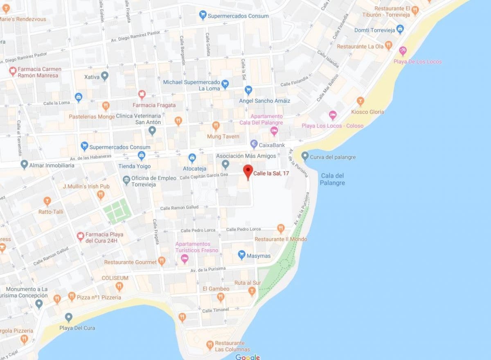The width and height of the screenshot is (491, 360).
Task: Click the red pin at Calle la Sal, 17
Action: click(x=248, y=171)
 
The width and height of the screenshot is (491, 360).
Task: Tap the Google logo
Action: click(x=248, y=357)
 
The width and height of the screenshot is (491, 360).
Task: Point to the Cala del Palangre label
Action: click(x=332, y=179)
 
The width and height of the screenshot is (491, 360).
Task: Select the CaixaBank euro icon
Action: click(x=254, y=144)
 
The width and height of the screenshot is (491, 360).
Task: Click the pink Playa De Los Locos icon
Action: click(x=403, y=51)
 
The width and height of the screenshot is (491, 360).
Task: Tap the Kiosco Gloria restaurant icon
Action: click(x=360, y=100)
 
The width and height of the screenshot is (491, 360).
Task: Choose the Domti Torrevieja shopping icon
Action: click(x=400, y=29)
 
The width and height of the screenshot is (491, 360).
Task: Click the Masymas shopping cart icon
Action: click(x=241, y=255)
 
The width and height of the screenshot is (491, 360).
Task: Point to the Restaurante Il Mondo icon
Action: click(x=280, y=228)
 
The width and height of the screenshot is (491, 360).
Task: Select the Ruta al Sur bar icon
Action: click(x=252, y=291)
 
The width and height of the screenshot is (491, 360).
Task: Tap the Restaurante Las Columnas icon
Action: click(x=210, y=345)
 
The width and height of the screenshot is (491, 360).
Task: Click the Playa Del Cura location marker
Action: click(x=69, y=317)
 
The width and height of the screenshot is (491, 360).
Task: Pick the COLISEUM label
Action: click(x=115, y=278)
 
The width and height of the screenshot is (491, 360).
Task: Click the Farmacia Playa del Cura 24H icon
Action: click(x=81, y=236)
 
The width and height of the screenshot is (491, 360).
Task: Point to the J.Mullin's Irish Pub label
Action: click(x=86, y=187)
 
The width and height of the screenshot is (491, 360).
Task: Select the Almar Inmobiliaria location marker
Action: click(x=25, y=165)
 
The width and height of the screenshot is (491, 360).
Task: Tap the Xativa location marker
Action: click(x=105, y=76)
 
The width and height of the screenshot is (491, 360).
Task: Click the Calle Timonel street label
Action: click(x=215, y=310)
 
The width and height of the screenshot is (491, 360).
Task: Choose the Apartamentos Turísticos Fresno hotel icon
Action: click(x=185, y=259)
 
